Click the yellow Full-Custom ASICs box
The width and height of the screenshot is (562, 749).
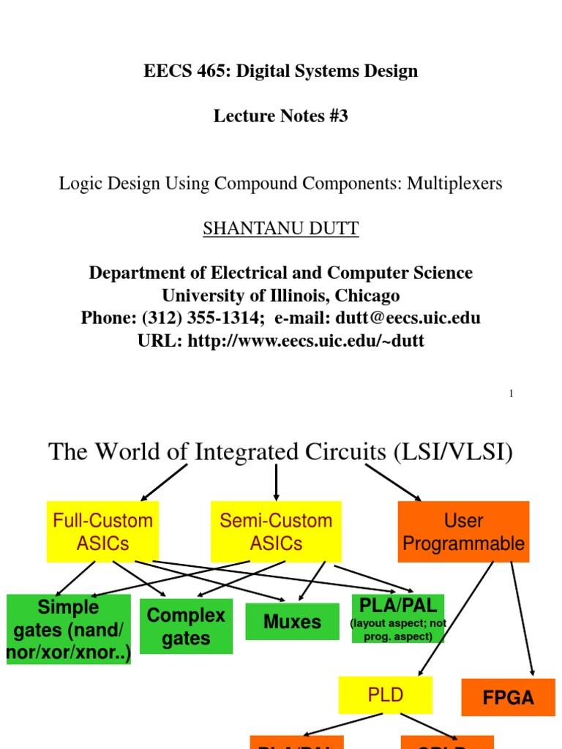tap(102, 532)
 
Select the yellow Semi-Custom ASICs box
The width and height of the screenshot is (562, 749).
tap(276, 532)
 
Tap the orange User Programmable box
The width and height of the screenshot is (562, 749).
tap(464, 532)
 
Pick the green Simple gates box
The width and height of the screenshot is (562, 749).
tap(69, 629)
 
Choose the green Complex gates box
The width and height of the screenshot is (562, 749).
tap(186, 627)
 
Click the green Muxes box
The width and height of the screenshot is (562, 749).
tap(292, 622)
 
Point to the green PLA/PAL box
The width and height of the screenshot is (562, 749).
tap(398, 619)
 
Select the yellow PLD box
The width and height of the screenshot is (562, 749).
tap(385, 695)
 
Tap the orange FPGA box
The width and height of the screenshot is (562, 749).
tap(509, 698)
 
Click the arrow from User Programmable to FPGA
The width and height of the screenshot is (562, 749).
tap(522, 618)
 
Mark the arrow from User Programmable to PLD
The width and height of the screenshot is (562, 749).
tap(455, 618)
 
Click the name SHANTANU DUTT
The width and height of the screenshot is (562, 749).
tap(280, 229)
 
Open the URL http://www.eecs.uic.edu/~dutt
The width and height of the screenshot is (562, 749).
tap(306, 341)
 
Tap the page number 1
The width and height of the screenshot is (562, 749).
tap(511, 394)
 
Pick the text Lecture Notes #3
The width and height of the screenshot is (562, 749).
tap(280, 116)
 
